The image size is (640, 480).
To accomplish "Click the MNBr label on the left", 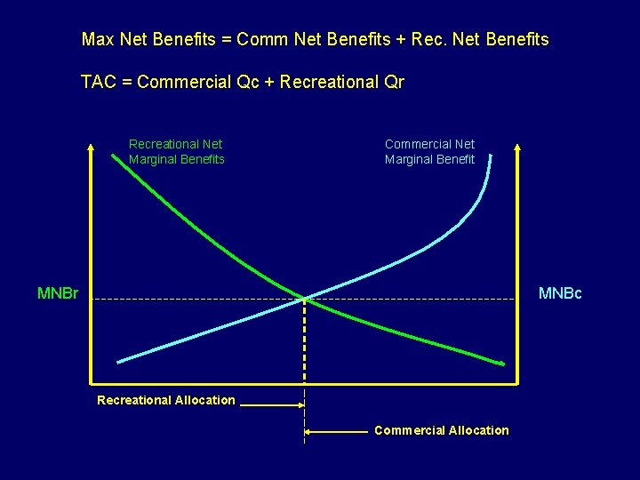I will pos(58,293).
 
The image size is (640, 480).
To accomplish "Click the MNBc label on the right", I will pos(560,293).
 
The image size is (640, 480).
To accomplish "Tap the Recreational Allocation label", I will pos(166,400).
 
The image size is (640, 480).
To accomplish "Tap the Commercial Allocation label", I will pos(442,430).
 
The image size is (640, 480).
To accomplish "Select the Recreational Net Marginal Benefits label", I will pos(176,151).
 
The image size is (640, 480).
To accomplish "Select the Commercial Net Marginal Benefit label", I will pos(429,151).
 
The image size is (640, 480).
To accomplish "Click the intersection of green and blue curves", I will pos(305,298).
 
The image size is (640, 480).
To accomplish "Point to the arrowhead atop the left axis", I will pos(91,145).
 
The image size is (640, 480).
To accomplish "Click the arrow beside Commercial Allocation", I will pos(336,433).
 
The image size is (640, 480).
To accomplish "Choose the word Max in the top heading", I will pos(96,40).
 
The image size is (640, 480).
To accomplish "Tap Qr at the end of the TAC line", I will pos(393,83).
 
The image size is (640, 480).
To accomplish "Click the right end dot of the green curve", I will pos(503,363).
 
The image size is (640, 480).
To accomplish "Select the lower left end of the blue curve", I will pos(119,361).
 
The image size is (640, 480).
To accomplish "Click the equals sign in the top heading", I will pos(225,40).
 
